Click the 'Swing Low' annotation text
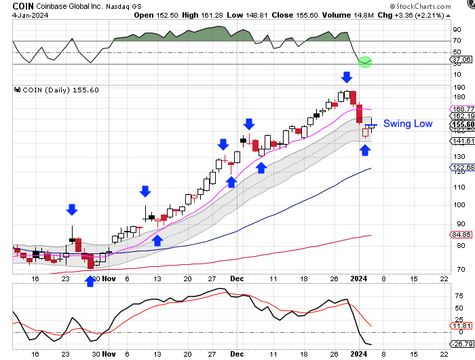[408, 124]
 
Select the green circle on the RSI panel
[365, 62]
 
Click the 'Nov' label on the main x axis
[110, 278]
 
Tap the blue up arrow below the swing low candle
[365, 149]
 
